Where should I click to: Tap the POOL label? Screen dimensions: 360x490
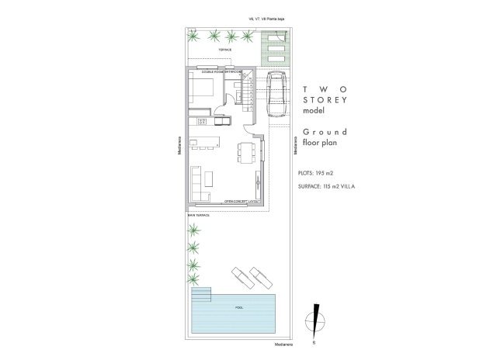(238, 307)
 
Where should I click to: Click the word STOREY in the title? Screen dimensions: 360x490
(325, 100)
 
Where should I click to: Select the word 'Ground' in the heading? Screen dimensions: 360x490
(318, 133)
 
